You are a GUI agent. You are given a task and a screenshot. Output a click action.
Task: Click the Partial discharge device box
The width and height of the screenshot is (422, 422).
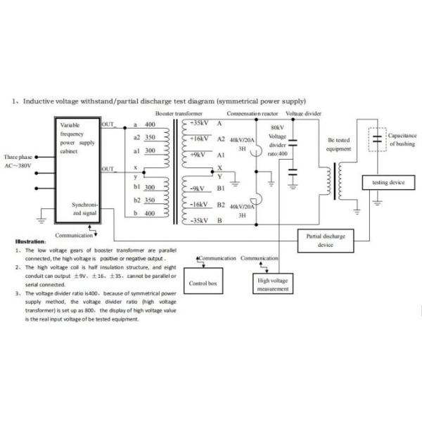tap(325, 241)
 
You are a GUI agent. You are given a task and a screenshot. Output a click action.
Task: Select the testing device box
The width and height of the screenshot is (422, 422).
tap(388, 182)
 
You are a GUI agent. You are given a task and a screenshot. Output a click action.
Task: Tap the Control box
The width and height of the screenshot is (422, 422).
tap(203, 283)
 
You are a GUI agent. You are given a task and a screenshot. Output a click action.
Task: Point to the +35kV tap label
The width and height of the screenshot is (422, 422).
tap(197, 124)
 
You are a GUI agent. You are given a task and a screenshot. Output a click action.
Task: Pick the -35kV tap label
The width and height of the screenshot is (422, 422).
tap(197, 220)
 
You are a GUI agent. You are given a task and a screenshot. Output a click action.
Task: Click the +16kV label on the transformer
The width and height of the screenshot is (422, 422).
tap(197, 139)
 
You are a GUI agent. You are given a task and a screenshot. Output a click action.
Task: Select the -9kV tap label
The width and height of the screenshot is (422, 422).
tap(196, 188)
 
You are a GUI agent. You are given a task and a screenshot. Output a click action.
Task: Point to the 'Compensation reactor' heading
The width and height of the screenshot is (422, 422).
tap(253, 113)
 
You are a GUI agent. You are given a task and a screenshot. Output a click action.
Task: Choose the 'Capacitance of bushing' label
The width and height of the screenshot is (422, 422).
tap(402, 139)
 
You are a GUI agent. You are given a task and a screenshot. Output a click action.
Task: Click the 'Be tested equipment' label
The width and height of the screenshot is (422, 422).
tap(339, 144)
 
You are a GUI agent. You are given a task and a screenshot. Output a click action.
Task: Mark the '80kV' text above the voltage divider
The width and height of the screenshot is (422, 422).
tap(277, 127)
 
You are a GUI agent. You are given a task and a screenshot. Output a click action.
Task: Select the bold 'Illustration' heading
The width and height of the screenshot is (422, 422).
tap(31, 241)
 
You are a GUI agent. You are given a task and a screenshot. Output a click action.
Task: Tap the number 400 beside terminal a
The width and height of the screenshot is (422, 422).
tap(149, 124)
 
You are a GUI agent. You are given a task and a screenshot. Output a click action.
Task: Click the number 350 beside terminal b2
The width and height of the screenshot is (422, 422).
tap(149, 200)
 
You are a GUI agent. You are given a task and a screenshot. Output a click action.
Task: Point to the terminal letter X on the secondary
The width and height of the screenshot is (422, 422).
tap(219, 167)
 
